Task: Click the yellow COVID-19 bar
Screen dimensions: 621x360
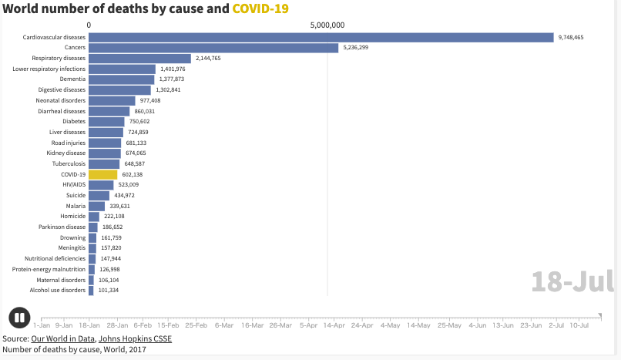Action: coord(103,175)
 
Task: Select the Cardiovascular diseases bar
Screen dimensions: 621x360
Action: coord(321,38)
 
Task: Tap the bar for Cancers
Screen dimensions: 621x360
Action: coord(213,48)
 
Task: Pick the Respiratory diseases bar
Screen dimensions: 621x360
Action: coord(139,59)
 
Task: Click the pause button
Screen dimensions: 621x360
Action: coord(19,318)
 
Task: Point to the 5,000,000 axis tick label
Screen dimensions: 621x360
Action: coord(327,25)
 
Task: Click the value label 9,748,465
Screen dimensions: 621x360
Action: coord(571,37)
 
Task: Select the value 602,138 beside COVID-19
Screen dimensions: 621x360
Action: coord(133,174)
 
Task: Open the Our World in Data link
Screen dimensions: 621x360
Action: coord(63,338)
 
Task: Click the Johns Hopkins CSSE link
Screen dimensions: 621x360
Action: coord(135,338)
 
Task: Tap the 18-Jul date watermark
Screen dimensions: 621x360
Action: coord(572,281)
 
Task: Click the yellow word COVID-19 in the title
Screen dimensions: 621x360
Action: coord(260,8)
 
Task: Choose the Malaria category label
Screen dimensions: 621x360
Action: coord(76,206)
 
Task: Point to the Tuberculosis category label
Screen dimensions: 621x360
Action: coord(69,163)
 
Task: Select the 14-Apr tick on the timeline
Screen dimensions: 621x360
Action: coord(334,325)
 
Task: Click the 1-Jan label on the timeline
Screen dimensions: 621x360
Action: coord(42,325)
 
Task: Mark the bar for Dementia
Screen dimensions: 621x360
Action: coord(122,79)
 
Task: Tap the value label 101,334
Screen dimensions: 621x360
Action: coord(109,291)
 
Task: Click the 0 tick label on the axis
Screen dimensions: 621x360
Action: coord(89,25)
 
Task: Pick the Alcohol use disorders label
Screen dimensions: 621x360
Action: coord(58,291)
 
